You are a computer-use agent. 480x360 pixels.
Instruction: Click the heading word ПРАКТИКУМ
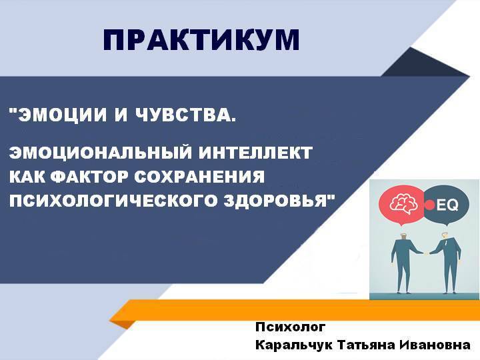(201, 40)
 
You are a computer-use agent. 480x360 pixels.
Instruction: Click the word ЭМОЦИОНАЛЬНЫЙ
(101, 152)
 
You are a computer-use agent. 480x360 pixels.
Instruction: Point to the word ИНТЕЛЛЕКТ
(255, 152)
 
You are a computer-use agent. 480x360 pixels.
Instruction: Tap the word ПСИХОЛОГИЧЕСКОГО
(113, 201)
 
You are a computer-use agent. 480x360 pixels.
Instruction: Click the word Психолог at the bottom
(291, 327)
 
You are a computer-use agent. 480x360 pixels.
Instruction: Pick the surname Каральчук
(294, 345)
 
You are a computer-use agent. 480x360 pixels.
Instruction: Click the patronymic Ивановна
(435, 345)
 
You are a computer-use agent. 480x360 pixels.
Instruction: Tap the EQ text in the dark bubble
(447, 205)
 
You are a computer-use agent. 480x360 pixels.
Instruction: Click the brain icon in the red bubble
(404, 205)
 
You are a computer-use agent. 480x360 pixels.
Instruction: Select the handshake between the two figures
(426, 253)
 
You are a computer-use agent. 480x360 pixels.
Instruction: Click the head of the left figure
(404, 236)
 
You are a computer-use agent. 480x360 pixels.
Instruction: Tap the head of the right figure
(445, 236)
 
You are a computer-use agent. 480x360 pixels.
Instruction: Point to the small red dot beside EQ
(429, 205)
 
